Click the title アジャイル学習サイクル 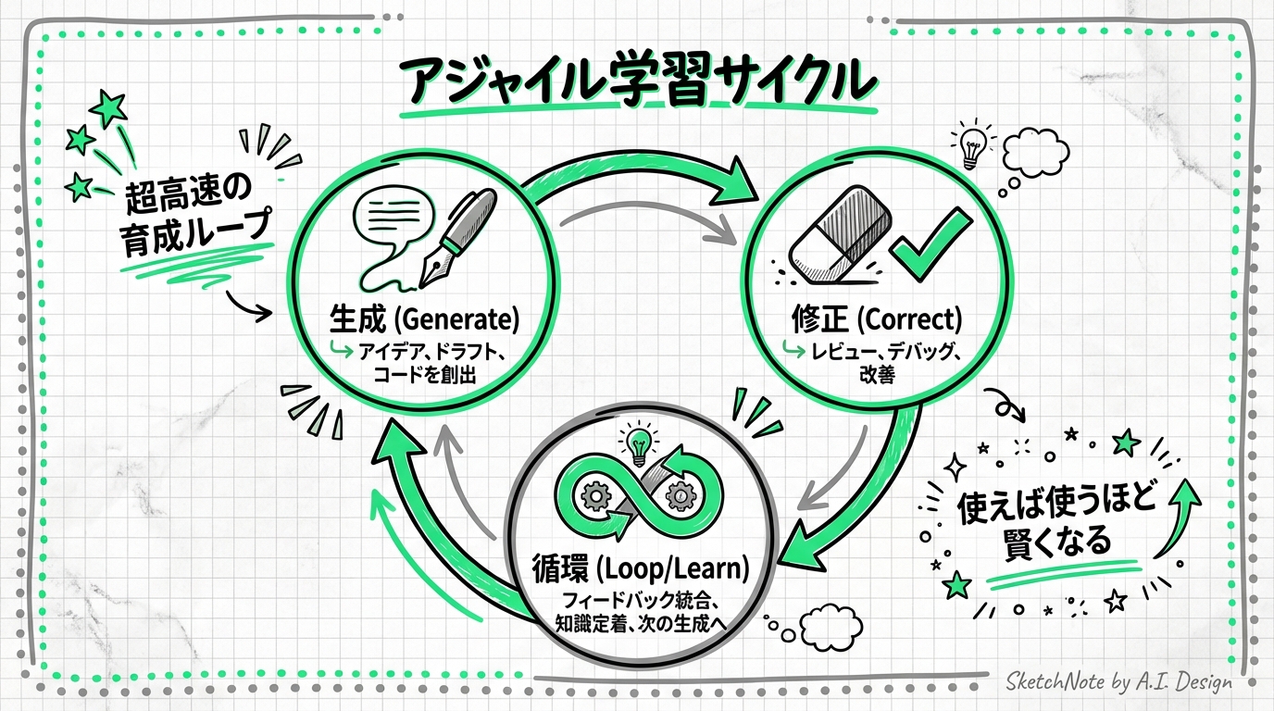tap(636, 82)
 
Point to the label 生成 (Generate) tap(424, 320)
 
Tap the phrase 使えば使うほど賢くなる tap(1055, 522)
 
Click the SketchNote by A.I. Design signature tap(1119, 682)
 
